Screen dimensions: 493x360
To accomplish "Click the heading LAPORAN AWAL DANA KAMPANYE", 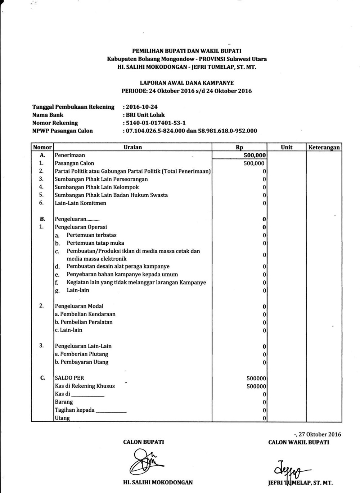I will pyautogui.click(x=186, y=83).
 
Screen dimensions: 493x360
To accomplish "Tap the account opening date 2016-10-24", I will pyautogui.click(x=141, y=107).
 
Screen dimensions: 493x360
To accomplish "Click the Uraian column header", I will pyautogui.click(x=132, y=147).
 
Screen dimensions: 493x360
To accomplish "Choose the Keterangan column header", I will pyautogui.click(x=324, y=147).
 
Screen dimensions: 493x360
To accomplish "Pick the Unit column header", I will pyautogui.click(x=286, y=147).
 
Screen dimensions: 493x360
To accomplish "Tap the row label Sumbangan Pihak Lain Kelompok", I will pyautogui.click(x=96, y=187).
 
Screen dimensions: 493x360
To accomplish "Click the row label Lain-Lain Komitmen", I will pyautogui.click(x=80, y=203).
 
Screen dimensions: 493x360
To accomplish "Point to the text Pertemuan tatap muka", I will pyautogui.click(x=95, y=243).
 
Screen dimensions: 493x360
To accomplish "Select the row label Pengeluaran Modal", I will pyautogui.click(x=79, y=306).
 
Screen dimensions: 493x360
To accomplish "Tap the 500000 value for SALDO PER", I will pyautogui.click(x=256, y=378).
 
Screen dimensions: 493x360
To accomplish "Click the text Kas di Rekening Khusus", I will pyautogui.click(x=85, y=386).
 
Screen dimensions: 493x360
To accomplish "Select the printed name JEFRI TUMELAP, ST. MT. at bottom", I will pyautogui.click(x=300, y=483).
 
